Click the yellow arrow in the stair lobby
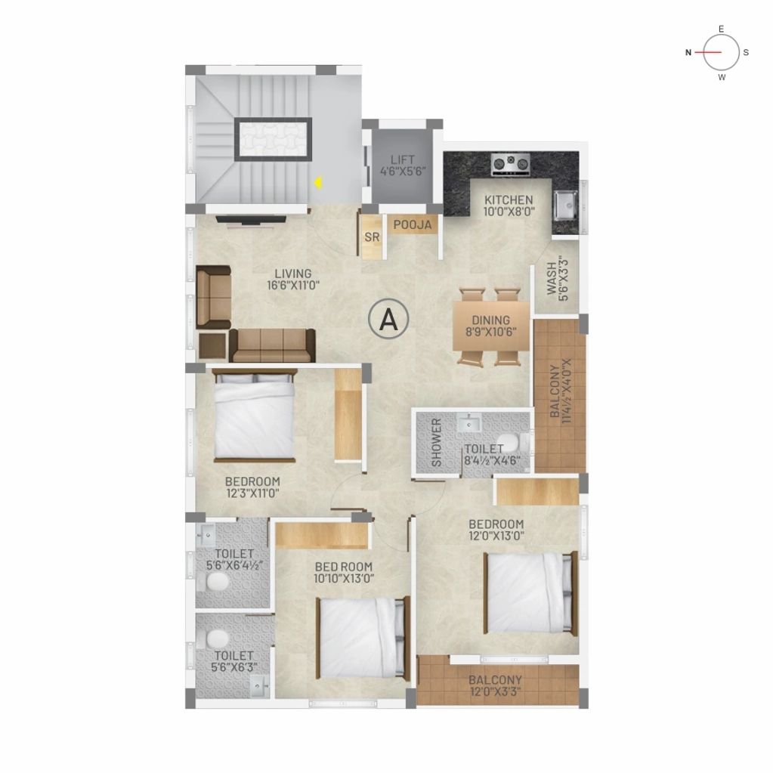point(319,184)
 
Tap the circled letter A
point(389,320)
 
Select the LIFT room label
point(403,159)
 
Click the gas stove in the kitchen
point(512,165)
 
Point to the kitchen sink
point(565,205)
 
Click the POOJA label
point(413,225)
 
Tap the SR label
point(373,237)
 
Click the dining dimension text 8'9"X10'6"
point(491,332)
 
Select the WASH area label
point(552,279)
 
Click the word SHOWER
point(436,443)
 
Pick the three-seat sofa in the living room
point(273,345)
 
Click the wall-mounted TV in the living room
point(251,220)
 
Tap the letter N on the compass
point(688,52)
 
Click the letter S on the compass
point(747,52)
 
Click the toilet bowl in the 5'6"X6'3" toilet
point(217,639)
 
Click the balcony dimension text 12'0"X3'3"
point(495,692)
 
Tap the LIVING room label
point(293,273)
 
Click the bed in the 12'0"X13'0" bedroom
point(530,593)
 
